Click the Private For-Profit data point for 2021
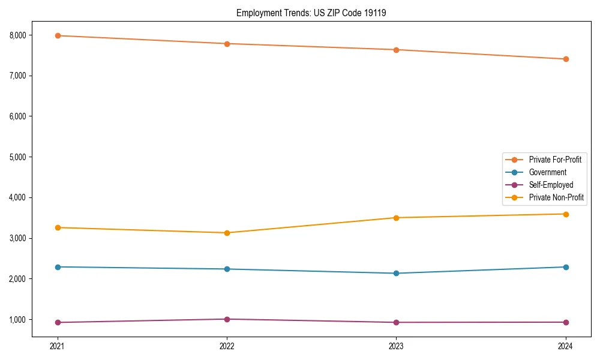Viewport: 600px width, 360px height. click(x=58, y=35)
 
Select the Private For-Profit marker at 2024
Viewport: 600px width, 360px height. click(x=566, y=59)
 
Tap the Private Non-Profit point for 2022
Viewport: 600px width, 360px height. click(x=227, y=233)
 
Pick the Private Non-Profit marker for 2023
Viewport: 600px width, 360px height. click(x=396, y=218)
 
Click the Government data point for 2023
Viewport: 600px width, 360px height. click(x=396, y=274)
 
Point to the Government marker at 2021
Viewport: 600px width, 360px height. click(x=58, y=267)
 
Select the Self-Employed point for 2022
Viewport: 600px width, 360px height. click(x=227, y=319)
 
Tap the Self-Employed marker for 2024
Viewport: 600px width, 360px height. click(x=566, y=322)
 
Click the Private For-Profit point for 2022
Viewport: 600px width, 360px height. click(x=227, y=44)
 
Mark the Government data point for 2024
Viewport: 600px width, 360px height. click(x=566, y=267)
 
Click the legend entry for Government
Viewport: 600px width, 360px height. click(x=547, y=172)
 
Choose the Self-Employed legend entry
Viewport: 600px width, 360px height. click(x=551, y=185)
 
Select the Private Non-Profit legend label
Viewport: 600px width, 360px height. click(x=556, y=197)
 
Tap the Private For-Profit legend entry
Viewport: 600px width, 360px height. click(x=554, y=160)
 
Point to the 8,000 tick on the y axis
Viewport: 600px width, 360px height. click(x=18, y=35)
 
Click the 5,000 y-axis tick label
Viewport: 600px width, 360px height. click(x=18, y=157)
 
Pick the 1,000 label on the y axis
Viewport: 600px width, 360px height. click(x=18, y=320)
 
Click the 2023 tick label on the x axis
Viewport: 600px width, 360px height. click(x=396, y=346)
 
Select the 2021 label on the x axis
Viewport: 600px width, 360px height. click(x=58, y=346)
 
